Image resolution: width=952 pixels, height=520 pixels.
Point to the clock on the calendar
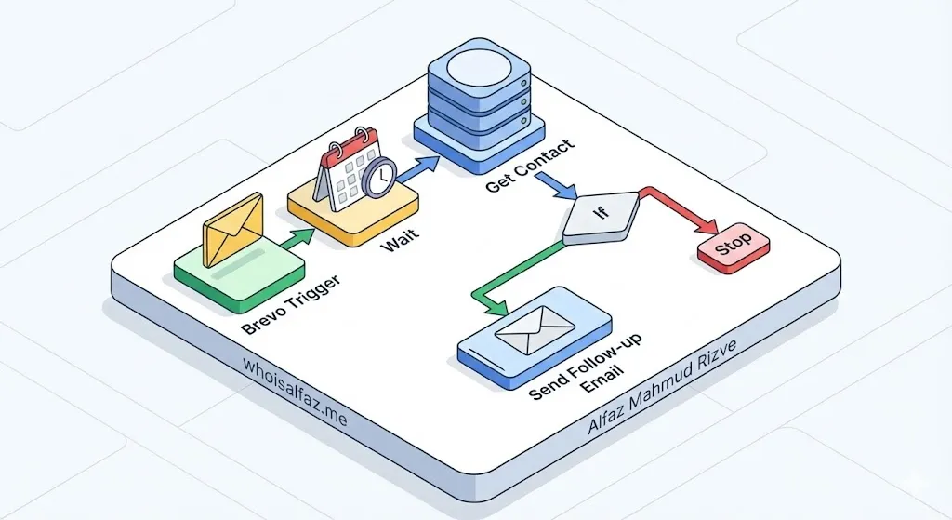(379, 176)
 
